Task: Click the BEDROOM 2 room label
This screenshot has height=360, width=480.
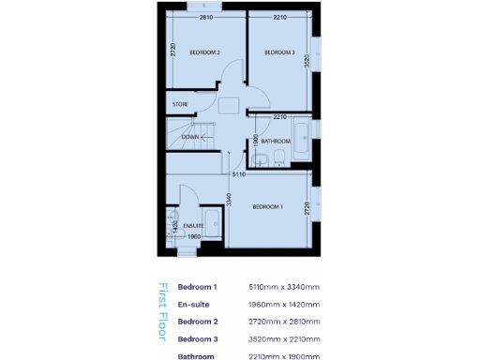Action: pos(204,52)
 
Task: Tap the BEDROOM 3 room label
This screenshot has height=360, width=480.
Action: pos(279,52)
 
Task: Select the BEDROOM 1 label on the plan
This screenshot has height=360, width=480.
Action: pos(267,206)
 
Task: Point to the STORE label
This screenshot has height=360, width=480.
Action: pos(180,104)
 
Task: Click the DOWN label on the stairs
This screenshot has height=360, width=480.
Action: pos(189,137)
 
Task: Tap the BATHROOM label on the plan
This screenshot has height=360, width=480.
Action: pos(276,142)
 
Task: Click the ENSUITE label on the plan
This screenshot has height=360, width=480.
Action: pos(194,226)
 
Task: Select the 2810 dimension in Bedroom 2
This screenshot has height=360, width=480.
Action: pos(204,17)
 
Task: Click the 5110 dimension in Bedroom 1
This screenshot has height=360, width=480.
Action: pos(239,174)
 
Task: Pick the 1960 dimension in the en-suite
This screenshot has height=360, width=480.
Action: pos(193,236)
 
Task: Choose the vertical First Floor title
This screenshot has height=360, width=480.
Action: pos(161,315)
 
